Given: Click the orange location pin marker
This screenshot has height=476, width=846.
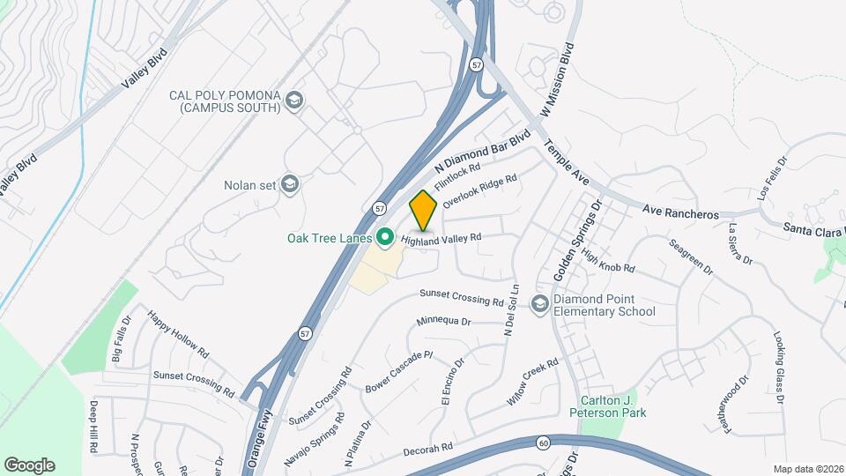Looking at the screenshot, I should click(424, 210).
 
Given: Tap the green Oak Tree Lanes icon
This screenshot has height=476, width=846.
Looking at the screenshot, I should click(384, 237).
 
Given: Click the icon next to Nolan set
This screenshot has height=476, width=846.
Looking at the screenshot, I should click(291, 184).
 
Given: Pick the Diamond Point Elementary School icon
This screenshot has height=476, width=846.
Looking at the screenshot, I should click(539, 304).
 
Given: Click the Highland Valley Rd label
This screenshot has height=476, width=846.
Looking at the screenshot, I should click(441, 238).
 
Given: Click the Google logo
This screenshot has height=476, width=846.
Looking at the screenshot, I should click(29, 465).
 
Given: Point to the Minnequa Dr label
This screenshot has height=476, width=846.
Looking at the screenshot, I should click(444, 321).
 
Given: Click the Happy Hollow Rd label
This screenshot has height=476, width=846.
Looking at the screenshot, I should click(178, 335).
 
